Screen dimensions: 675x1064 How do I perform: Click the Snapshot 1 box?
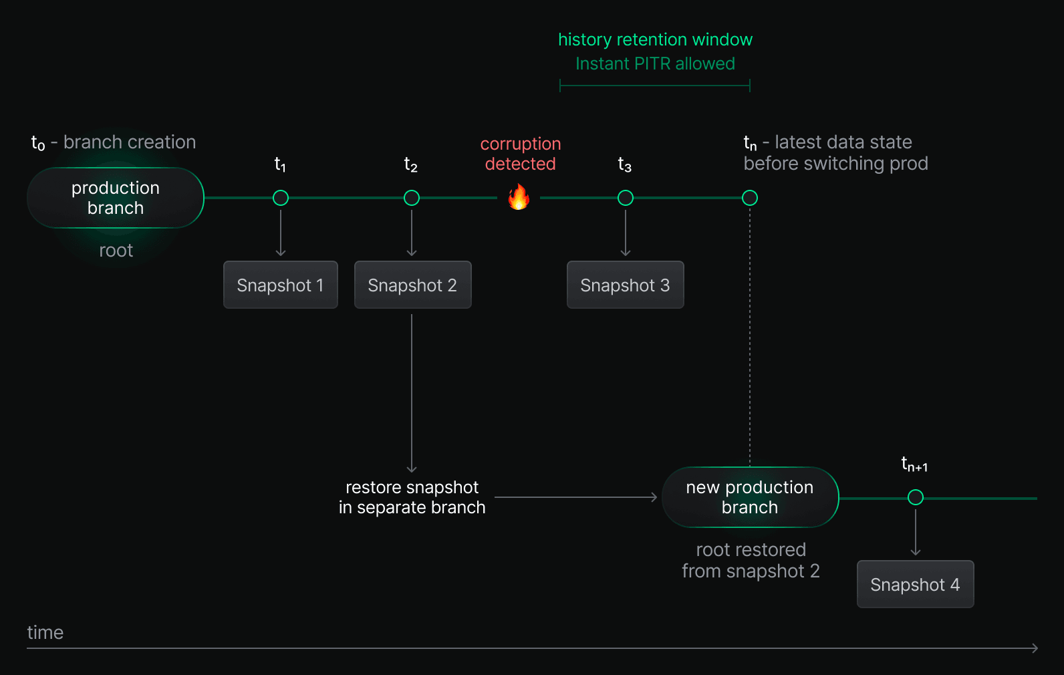pyautogui.click(x=281, y=285)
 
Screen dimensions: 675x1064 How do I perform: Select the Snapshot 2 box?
pyautogui.click(x=412, y=285)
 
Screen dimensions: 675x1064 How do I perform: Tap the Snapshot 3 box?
pyautogui.click(x=625, y=285)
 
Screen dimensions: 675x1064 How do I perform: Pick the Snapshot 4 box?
pyautogui.click(x=915, y=584)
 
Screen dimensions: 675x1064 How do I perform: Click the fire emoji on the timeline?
pyautogui.click(x=519, y=197)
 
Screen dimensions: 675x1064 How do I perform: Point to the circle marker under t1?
pyautogui.click(x=281, y=198)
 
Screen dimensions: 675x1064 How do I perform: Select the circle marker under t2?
pyautogui.click(x=412, y=198)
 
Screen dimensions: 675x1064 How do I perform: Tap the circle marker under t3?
pyautogui.click(x=626, y=198)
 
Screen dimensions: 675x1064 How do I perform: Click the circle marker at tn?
pyautogui.click(x=750, y=198)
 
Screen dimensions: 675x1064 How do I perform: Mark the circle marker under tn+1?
pyautogui.click(x=916, y=497)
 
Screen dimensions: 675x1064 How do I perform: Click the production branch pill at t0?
pyautogui.click(x=116, y=198)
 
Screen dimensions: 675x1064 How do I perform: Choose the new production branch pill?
pyautogui.click(x=750, y=497)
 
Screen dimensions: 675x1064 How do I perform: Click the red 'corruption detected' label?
pyautogui.click(x=521, y=154)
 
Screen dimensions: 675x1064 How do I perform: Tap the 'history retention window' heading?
pyautogui.click(x=655, y=39)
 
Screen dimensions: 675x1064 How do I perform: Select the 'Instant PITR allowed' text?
pyautogui.click(x=655, y=63)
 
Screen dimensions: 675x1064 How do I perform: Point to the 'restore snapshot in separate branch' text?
pyautogui.click(x=412, y=497)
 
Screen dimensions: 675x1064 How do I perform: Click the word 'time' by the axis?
pyautogui.click(x=45, y=632)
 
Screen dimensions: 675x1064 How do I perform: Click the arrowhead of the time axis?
pyautogui.click(x=1035, y=648)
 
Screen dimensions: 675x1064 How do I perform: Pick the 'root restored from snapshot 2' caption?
pyautogui.click(x=751, y=560)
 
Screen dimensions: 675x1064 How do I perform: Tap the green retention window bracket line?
pyautogui.click(x=655, y=86)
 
